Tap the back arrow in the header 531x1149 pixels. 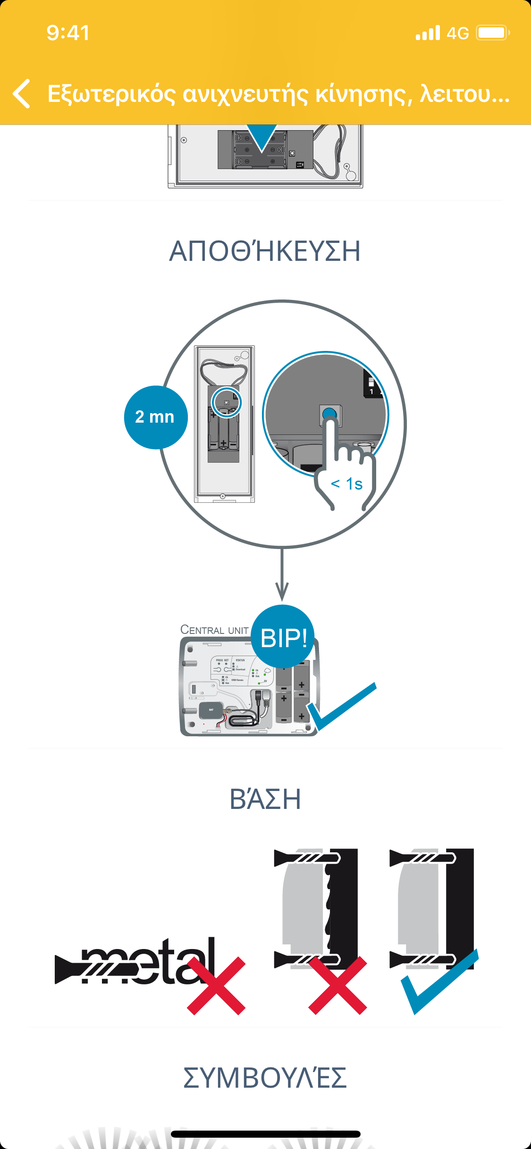point(22,93)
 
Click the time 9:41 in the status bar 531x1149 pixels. point(68,33)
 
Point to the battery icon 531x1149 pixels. point(493,33)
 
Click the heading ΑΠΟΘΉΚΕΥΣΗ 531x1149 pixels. point(265,251)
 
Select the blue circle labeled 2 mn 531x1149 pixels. point(155,417)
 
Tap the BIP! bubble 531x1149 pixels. point(283,637)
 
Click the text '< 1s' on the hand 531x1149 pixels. point(347,484)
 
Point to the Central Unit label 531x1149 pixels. point(214,630)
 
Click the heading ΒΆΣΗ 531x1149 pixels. point(265,799)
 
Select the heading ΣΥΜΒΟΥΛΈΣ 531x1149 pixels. point(265,1078)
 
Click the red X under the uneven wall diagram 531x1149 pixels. point(337,985)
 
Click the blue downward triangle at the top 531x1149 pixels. point(262,137)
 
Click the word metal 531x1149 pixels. point(142,962)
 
